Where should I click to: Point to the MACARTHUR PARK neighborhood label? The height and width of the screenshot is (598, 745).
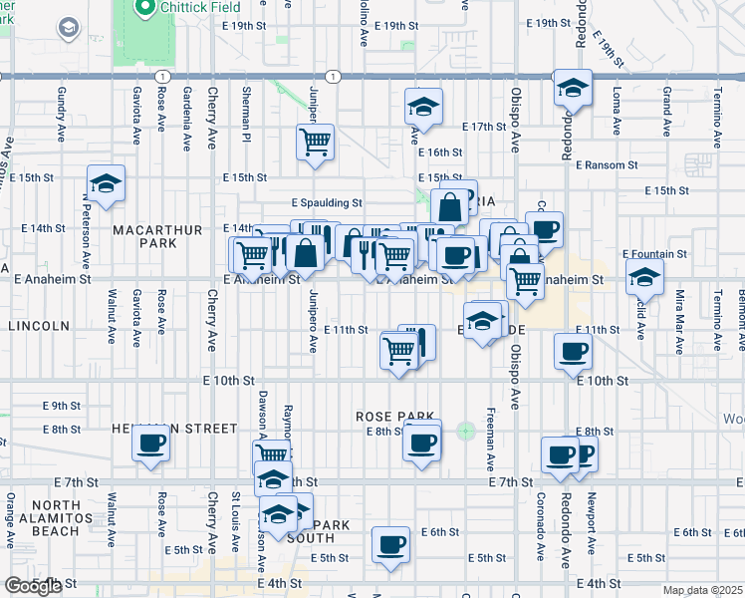pyautogui.click(x=144, y=236)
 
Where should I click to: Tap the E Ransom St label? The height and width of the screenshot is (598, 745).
pyautogui.click(x=606, y=164)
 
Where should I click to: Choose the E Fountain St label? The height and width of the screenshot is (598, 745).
pyautogui.click(x=654, y=254)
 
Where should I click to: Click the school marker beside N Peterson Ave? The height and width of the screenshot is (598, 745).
pyautogui.click(x=106, y=184)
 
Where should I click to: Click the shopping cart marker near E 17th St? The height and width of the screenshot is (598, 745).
pyautogui.click(x=315, y=142)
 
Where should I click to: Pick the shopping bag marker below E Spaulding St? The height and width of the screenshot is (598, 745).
pyautogui.click(x=450, y=205)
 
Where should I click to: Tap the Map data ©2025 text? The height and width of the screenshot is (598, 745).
pyautogui.click(x=702, y=590)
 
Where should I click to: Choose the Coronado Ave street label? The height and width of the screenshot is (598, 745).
pyautogui.click(x=541, y=513)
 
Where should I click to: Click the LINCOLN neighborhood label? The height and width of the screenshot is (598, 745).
pyautogui.click(x=40, y=326)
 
